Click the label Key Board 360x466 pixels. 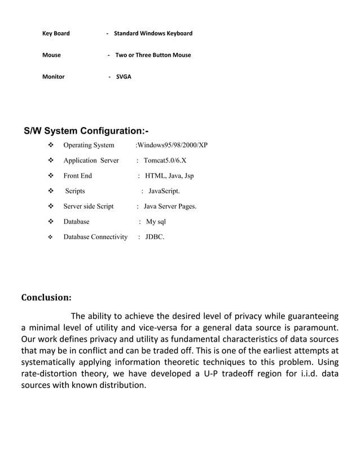(x=56, y=33)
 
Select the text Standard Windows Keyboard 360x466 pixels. (x=153, y=33)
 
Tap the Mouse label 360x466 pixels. (x=52, y=55)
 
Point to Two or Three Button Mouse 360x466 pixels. (x=153, y=55)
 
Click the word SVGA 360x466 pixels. (x=124, y=77)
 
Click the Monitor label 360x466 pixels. (x=54, y=77)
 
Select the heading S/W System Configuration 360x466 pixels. (x=86, y=131)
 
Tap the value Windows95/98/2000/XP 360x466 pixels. (x=173, y=146)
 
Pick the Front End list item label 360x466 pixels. (x=77, y=176)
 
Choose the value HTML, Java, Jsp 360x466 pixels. (x=169, y=176)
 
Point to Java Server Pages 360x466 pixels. (x=170, y=206)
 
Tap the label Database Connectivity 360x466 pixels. (x=95, y=237)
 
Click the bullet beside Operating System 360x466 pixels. (x=50, y=146)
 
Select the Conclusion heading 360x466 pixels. (x=46, y=298)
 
